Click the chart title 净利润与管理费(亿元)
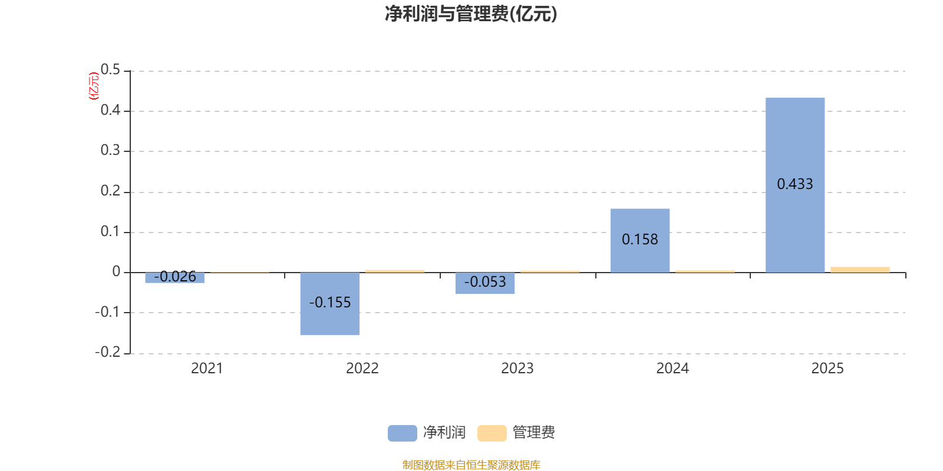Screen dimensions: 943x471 tap(471, 14)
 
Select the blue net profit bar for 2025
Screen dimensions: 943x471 tap(795, 185)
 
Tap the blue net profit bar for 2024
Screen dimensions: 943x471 tap(640, 241)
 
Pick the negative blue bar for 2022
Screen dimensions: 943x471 tap(330, 304)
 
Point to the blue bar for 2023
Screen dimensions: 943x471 tap(485, 283)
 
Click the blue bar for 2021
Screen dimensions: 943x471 tap(174, 277)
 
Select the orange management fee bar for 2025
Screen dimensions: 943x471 tap(860, 270)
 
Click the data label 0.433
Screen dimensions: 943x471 tap(795, 184)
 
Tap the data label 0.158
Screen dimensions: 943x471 tap(640, 239)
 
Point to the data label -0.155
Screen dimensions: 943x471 tap(330, 303)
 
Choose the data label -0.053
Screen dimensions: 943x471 tap(485, 282)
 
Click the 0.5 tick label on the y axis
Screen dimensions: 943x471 tap(110, 69)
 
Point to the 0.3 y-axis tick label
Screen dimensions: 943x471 tap(110, 150)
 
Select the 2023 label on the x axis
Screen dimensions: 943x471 tap(517, 369)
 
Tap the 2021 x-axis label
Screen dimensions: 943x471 tap(207, 369)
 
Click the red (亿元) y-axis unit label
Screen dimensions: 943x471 tap(94, 86)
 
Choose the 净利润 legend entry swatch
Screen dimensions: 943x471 tap(403, 433)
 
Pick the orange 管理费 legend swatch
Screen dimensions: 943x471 tap(492, 433)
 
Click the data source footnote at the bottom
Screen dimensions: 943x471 tap(471, 465)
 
